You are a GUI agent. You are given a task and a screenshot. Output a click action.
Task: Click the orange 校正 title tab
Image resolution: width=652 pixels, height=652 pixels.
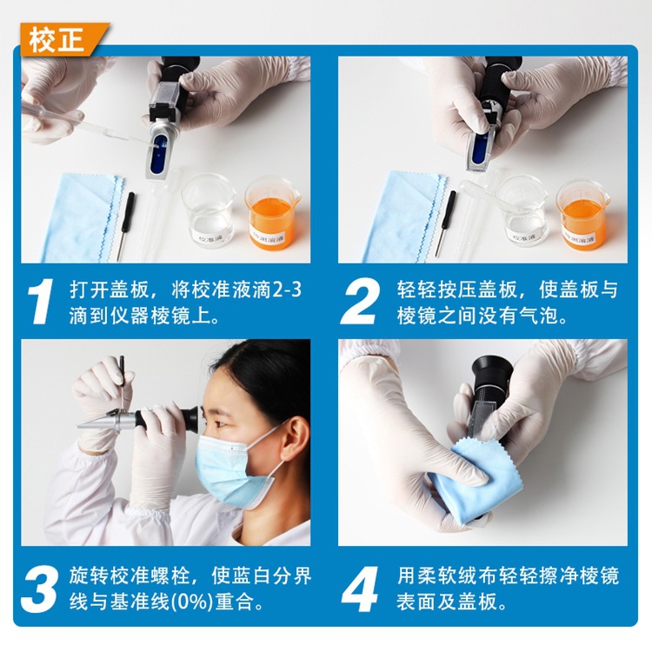(63, 39)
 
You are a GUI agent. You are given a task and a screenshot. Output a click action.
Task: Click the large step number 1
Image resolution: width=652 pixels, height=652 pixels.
(41, 301)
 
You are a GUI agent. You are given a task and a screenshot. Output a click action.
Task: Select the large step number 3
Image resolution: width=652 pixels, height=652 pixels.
(39, 589)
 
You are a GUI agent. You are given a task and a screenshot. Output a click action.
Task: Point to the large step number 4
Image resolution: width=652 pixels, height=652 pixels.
(361, 589)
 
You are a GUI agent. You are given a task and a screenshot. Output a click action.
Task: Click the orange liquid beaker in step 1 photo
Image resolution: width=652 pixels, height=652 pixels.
(273, 214)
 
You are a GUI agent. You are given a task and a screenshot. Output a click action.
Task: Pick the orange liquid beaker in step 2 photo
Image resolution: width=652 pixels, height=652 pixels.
(583, 215)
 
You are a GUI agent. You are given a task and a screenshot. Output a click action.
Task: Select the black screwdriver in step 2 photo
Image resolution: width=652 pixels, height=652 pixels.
(446, 223)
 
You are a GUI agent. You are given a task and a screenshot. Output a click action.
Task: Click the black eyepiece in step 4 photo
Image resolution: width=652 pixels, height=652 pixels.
(492, 371)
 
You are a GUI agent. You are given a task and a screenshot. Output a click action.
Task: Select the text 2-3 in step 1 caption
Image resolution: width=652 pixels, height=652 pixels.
(288, 289)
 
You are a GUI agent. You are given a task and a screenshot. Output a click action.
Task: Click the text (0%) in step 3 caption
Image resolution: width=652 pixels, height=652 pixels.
(192, 602)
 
